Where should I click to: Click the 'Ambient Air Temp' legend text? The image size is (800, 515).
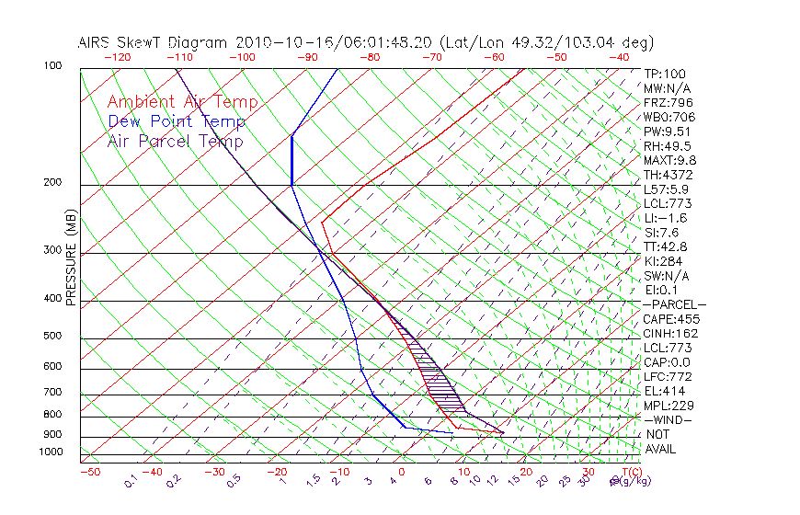pos(182,102)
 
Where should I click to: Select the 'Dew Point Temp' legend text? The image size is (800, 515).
pos(176,121)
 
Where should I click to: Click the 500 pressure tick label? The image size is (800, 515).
pos(52,337)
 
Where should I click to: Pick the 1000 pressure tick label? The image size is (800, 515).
pos(50,452)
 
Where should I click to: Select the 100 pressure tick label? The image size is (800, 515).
pos(52,66)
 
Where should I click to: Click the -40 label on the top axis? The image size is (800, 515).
pos(619,56)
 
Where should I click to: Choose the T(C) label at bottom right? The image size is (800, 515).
pos(632,472)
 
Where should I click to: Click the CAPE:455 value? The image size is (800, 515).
pos(670,319)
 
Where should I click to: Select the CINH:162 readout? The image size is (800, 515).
pos(670,334)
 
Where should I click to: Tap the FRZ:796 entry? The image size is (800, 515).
pos(669,102)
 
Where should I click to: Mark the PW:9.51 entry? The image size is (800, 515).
pos(668,132)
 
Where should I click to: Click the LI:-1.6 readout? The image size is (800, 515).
pos(667,218)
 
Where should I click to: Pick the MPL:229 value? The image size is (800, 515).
pos(669,406)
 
